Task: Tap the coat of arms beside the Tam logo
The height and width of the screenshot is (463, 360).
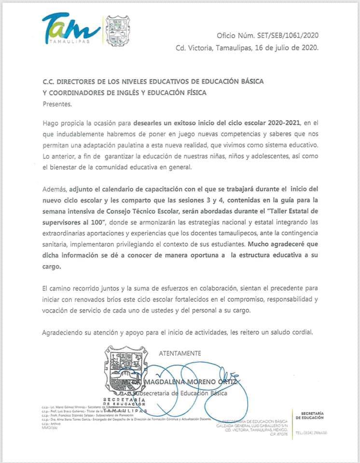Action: pyautogui.click(x=118, y=30)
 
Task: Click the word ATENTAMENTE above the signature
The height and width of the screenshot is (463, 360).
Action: pyautogui.click(x=180, y=353)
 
